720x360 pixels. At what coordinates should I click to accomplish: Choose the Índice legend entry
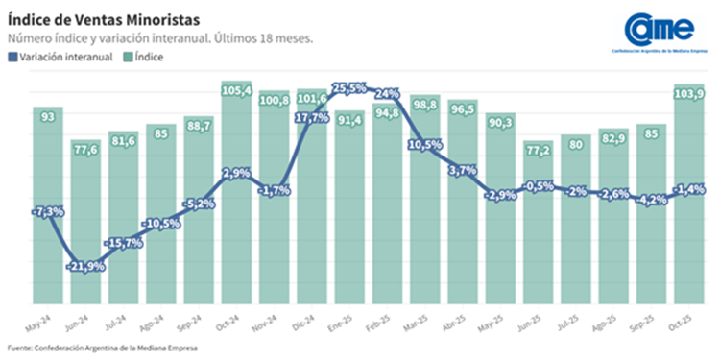144,58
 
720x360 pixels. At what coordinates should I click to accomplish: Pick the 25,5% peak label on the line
349,88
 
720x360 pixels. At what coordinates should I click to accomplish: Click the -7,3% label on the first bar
48,210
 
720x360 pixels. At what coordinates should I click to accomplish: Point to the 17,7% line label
313,118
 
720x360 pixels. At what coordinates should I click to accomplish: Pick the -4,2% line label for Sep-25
653,201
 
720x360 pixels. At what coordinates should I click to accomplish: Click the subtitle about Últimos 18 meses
160,38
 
